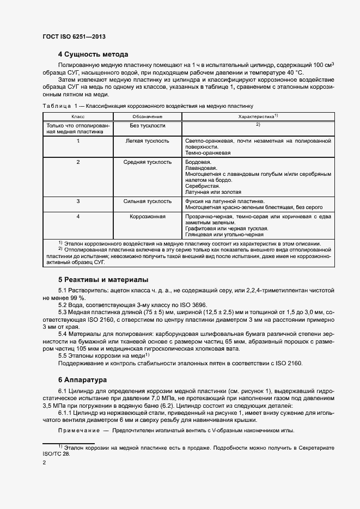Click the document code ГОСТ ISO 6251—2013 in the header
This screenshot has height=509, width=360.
point(74,36)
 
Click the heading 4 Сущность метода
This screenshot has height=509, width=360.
point(93,54)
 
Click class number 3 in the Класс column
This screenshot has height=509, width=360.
point(78,201)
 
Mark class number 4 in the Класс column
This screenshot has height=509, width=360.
point(78,217)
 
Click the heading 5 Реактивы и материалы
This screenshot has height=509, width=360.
point(103,279)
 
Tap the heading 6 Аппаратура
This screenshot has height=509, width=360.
point(83,379)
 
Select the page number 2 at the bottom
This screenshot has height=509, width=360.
point(44,462)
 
